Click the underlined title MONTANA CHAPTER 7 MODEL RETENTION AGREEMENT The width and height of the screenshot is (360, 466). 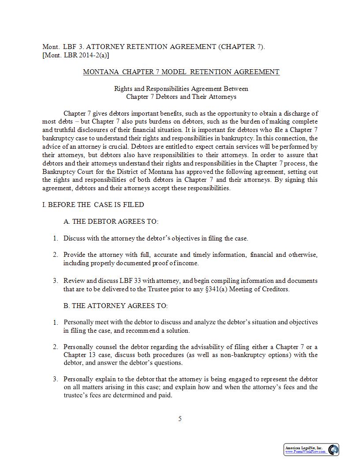tap(181, 72)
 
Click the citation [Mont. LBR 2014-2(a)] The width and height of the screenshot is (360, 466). tap(76, 55)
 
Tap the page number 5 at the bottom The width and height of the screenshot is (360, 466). tap(180, 419)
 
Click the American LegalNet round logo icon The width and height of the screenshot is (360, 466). tap(334, 450)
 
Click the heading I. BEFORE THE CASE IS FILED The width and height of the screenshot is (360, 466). tap(93, 205)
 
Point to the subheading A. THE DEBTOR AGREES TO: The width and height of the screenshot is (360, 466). tap(111, 222)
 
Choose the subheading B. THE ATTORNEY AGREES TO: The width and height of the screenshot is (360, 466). tap(116, 306)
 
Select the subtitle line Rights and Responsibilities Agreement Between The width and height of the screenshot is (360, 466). tap(181, 89)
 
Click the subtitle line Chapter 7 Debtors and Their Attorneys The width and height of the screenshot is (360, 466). tap(181, 97)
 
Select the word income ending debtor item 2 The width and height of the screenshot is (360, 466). tap(188, 263)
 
